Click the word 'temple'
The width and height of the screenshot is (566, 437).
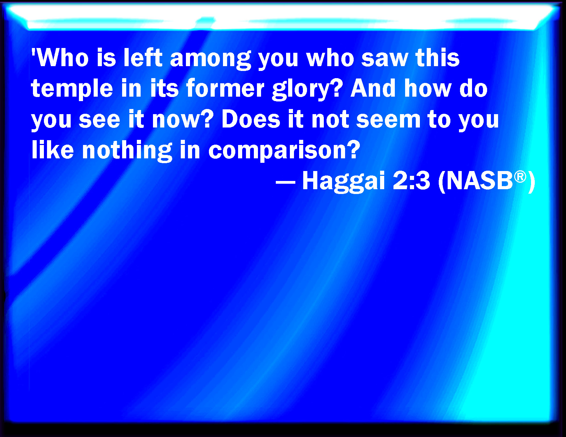tap(72, 88)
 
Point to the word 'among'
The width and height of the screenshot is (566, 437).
tap(211, 59)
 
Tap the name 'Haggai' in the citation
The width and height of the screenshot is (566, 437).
tap(344, 181)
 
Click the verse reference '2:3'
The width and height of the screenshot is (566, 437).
tap(411, 181)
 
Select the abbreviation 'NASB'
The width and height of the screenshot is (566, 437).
tap(480, 181)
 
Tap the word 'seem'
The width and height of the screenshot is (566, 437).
tap(388, 121)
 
